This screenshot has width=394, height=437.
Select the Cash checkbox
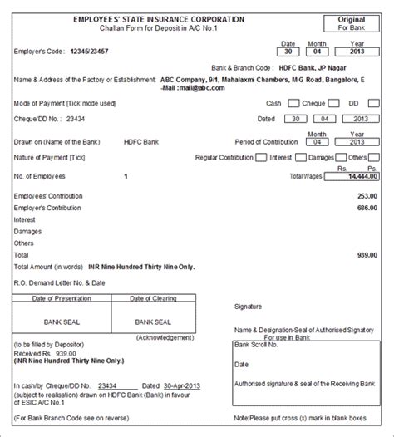coord(293,105)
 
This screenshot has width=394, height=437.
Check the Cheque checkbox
coord(333,105)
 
